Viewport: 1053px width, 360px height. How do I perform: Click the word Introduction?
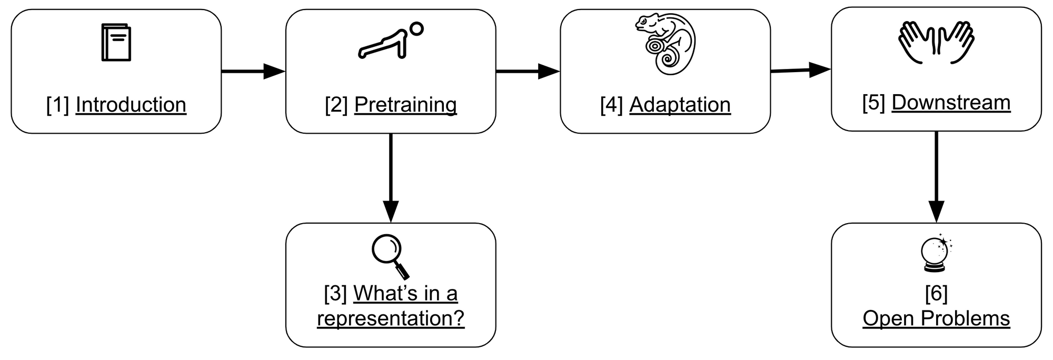[x=131, y=105]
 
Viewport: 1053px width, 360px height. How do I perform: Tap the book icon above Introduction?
[x=116, y=42]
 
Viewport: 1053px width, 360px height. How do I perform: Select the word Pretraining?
[x=405, y=105]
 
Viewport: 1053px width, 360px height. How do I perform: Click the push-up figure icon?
[x=390, y=40]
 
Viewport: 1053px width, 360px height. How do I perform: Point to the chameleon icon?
[x=665, y=44]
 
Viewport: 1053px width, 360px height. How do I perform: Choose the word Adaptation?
[x=680, y=105]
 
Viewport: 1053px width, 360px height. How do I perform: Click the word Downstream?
[x=951, y=103]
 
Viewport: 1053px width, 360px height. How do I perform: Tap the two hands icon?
[x=936, y=43]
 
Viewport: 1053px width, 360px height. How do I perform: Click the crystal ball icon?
[x=937, y=253]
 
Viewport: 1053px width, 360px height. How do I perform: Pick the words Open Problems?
[x=936, y=318]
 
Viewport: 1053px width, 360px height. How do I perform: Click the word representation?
[x=391, y=318]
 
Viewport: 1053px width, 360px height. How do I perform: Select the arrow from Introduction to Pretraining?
[x=253, y=71]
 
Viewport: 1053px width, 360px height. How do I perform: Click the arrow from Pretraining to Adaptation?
[x=528, y=71]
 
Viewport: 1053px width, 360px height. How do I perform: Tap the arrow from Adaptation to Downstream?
[x=801, y=70]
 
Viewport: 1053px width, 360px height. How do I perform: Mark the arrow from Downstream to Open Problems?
[x=936, y=177]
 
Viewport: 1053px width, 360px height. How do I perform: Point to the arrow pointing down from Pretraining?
[x=391, y=178]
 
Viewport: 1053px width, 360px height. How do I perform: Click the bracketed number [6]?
[x=936, y=294]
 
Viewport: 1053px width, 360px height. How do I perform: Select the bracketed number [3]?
[x=335, y=294]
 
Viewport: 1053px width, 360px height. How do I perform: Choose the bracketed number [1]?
[x=58, y=105]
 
